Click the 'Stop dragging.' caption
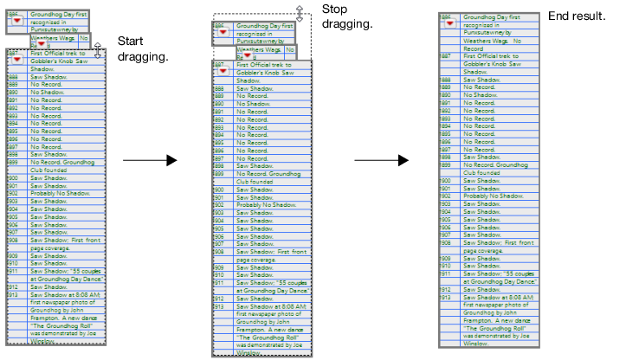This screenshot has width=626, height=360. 346,16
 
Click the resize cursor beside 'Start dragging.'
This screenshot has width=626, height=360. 100,50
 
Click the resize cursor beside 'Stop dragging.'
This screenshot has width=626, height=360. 299,12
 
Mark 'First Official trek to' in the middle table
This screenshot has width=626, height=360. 264,65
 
